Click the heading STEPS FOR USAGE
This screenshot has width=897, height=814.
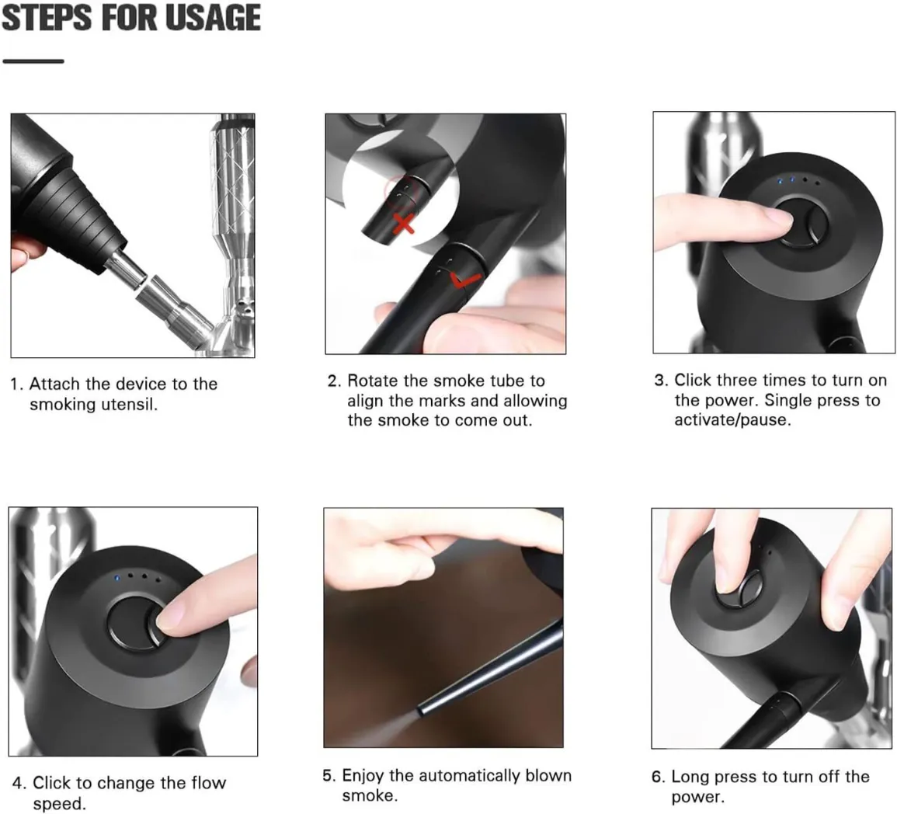130,18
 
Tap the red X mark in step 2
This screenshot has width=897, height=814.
403,224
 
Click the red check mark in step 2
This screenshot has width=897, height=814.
464,280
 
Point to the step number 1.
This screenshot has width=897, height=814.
16,384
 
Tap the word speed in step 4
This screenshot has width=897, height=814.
59,804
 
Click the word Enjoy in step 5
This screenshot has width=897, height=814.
363,776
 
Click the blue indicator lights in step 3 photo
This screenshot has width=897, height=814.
785,180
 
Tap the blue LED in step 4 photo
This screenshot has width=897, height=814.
116,576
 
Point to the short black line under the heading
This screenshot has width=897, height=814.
33,61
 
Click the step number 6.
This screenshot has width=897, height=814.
659,777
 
